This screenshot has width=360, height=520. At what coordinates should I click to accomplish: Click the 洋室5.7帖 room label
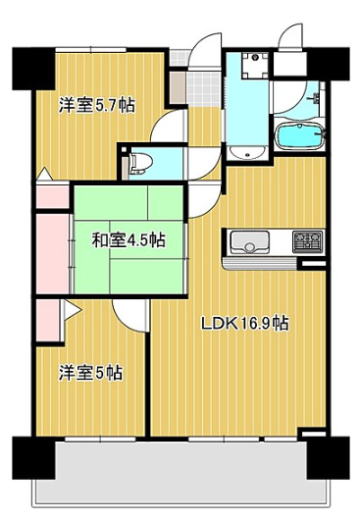tap(97, 105)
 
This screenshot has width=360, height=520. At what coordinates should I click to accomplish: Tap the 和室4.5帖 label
tap(129, 240)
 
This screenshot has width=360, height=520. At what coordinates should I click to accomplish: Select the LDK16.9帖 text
tap(245, 324)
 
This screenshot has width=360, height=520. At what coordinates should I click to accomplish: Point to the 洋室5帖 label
tap(91, 373)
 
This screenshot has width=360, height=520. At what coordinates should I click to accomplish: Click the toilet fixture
tap(140, 164)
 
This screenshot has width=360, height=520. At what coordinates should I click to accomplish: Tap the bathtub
tap(299, 136)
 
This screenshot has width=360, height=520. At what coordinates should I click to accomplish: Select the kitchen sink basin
tap(249, 242)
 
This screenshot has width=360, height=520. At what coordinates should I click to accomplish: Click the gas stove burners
tap(307, 241)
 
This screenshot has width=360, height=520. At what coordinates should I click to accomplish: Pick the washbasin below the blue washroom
tap(247, 152)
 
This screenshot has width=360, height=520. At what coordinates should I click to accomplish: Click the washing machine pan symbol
tap(255, 66)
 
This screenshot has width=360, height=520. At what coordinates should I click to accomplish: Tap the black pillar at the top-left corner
tap(33, 69)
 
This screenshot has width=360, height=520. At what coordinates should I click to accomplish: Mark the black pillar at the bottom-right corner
tap(329, 457)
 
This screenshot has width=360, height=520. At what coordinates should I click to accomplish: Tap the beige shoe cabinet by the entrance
tap(178, 88)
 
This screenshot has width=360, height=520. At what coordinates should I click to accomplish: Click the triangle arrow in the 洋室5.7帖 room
tap(44, 174)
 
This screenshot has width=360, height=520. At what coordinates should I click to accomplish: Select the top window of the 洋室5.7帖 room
tap(90, 50)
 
